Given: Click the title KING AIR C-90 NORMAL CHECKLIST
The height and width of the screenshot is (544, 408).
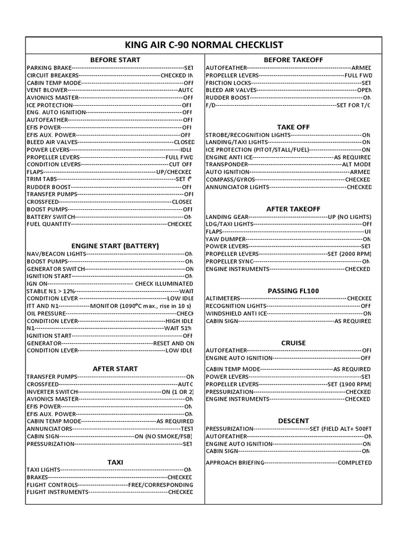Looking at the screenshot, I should [x=204, y=45].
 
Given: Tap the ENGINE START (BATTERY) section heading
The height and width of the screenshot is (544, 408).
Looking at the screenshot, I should [x=115, y=246].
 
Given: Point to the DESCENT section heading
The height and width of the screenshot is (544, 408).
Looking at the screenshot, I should [x=293, y=420].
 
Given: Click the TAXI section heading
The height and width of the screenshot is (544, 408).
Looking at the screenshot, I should [x=115, y=462].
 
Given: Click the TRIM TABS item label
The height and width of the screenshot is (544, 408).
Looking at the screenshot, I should [x=41, y=180].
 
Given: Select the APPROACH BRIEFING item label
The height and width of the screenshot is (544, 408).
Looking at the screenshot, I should [x=235, y=463].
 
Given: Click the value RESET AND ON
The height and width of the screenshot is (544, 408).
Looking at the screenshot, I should [x=174, y=343].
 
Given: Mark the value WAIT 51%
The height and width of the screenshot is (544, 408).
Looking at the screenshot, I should [x=178, y=328].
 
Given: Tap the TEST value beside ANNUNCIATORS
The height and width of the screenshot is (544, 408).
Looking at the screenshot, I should [x=186, y=429].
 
